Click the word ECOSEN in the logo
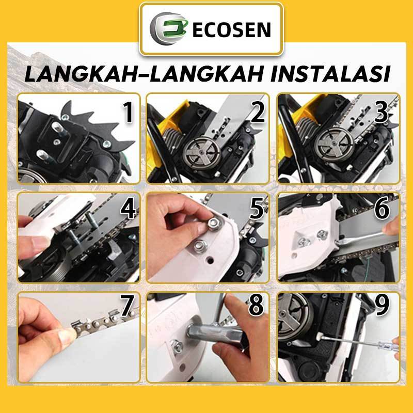pos(232,30)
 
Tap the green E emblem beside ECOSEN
pos(169,28)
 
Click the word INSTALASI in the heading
pos(330,74)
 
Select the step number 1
pos(129,112)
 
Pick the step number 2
pos(258,112)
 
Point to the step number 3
pos(381,112)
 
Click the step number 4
pos(128,210)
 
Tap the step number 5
pos(257,210)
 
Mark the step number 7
pos(127,306)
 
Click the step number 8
pos(256,306)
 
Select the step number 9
pos(382,306)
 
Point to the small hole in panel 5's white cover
pos(210,261)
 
